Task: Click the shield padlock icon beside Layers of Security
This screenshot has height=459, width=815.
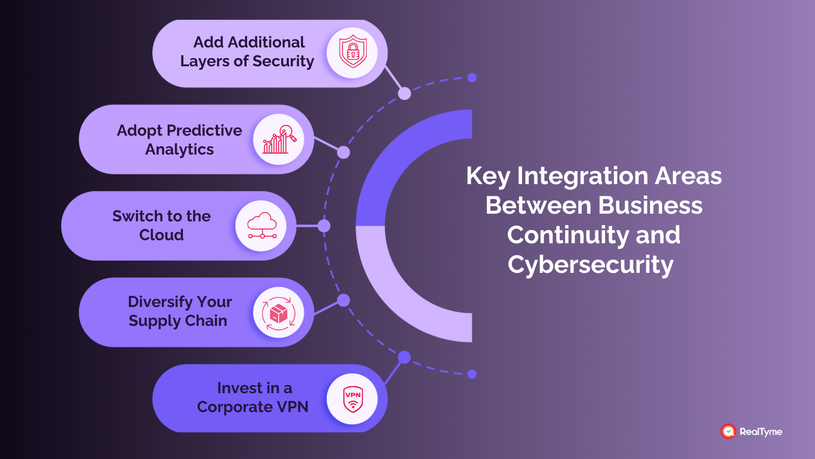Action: point(352,53)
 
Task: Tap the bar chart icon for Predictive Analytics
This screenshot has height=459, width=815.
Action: point(279,140)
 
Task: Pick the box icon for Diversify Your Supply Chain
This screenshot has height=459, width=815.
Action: point(279,313)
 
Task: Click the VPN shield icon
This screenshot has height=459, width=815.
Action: point(352,399)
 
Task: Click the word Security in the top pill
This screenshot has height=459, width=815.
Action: point(283,61)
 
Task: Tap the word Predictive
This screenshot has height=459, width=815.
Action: point(206,131)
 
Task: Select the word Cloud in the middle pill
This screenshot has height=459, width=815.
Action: point(161,235)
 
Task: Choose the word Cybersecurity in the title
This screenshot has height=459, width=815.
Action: point(590,265)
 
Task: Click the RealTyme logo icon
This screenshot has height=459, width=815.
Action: point(728,431)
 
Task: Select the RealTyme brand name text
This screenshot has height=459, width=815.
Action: point(760,431)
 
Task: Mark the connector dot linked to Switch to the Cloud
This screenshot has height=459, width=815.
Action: point(324,226)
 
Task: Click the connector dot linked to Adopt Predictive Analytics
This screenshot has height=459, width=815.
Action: point(344,152)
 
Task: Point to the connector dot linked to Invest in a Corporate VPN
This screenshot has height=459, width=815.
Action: point(404,357)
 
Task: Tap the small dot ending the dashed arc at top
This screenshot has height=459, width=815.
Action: point(472,78)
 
